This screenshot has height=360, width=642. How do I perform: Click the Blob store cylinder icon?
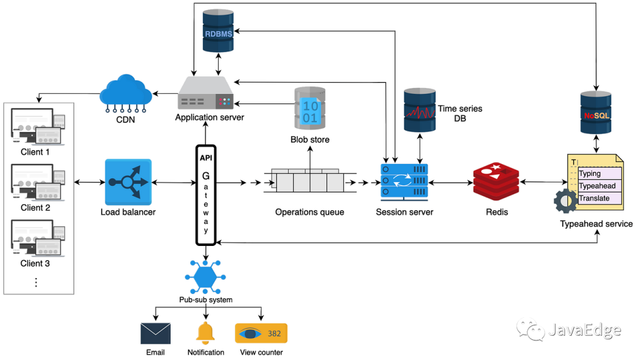click(x=310, y=109)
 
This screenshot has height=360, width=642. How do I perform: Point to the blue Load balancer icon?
click(x=128, y=181)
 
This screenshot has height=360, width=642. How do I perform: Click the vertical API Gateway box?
click(x=206, y=194)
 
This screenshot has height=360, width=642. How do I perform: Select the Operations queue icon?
click(x=306, y=181)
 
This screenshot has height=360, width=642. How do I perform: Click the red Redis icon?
click(x=496, y=182)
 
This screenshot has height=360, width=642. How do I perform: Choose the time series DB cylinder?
click(x=421, y=110)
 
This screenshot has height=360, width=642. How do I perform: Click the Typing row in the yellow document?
click(x=600, y=174)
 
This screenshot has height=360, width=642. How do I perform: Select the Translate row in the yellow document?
click(x=600, y=198)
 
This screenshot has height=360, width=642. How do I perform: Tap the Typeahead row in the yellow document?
click(x=600, y=186)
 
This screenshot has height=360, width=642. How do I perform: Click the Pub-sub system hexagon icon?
click(x=206, y=277)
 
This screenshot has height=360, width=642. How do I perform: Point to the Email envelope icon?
click(x=156, y=333)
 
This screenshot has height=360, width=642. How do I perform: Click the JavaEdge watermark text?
click(x=584, y=330)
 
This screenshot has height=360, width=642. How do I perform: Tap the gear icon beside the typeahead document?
click(x=564, y=201)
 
